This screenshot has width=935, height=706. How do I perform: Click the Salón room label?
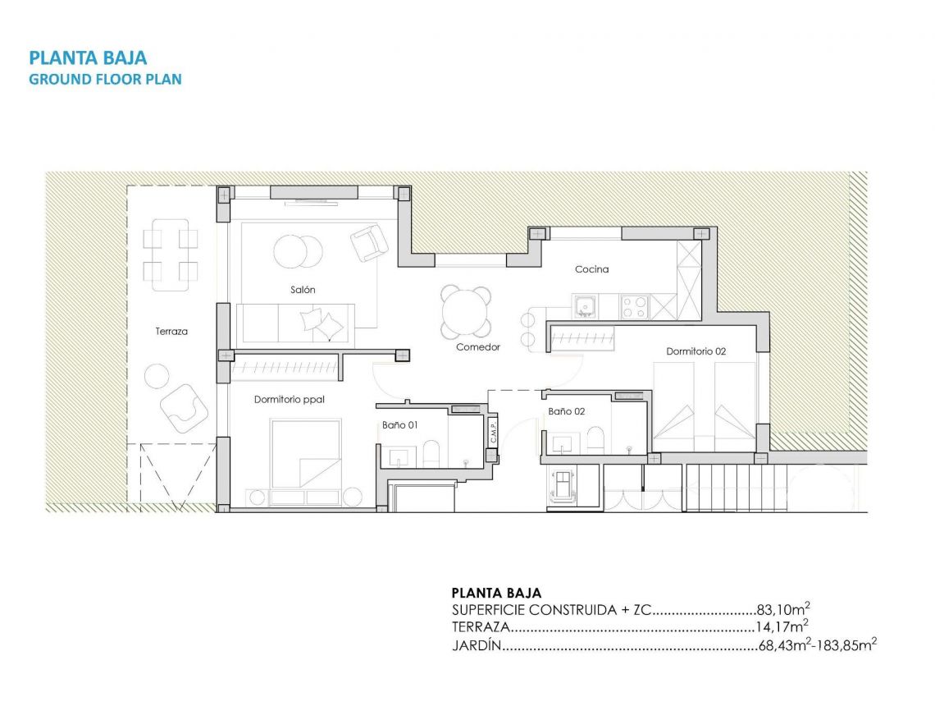pyautogui.click(x=303, y=290)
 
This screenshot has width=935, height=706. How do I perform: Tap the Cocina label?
pyautogui.click(x=591, y=269)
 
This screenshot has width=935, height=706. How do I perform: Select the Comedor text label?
pyautogui.click(x=478, y=347)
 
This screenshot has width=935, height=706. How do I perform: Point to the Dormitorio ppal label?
pyautogui.click(x=290, y=400)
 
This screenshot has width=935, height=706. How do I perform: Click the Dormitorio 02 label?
pyautogui.click(x=696, y=351)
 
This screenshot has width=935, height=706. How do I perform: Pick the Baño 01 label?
pyautogui.click(x=400, y=425)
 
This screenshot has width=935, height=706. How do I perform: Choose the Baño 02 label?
pyautogui.click(x=566, y=411)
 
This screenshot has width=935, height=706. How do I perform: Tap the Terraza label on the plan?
pyautogui.click(x=171, y=332)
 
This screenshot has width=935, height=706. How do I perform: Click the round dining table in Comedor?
pyautogui.click(x=465, y=311)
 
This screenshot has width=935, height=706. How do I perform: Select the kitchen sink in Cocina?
pyautogui.click(x=584, y=307)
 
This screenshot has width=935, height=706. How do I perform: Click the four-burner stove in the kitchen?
pyautogui.click(x=635, y=307)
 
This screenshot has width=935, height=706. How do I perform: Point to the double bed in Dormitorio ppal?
pyautogui.click(x=305, y=452)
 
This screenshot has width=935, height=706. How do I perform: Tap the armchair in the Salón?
pyautogui.click(x=368, y=242)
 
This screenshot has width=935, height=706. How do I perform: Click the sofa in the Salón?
pyautogui.click(x=295, y=323)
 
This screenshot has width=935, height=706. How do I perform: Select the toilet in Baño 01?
pyautogui.click(x=431, y=453)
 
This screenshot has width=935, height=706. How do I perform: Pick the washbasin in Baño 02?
pyautogui.click(x=563, y=444)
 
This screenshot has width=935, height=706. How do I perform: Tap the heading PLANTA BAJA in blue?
pyautogui.click(x=88, y=57)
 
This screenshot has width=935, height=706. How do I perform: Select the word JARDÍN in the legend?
pyautogui.click(x=476, y=646)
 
